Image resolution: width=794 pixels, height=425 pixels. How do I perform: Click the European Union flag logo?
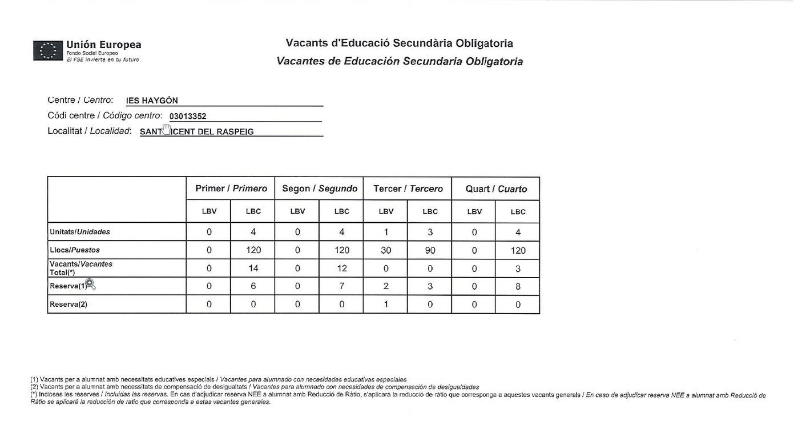click(47, 50)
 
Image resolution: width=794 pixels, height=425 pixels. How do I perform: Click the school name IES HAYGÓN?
click(152, 101)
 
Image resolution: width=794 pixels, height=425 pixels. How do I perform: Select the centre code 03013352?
click(188, 117)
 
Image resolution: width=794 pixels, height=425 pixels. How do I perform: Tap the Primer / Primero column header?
click(231, 189)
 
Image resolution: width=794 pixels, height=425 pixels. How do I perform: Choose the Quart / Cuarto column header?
click(496, 189)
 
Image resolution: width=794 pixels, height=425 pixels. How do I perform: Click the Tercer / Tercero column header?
click(408, 189)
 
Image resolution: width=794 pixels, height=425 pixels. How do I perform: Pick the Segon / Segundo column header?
click(320, 189)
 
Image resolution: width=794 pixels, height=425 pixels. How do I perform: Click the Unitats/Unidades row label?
click(80, 232)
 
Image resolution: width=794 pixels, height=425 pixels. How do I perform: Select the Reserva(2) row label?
click(68, 304)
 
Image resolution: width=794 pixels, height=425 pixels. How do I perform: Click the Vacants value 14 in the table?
click(253, 268)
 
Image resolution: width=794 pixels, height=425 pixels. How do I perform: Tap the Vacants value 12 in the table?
click(341, 268)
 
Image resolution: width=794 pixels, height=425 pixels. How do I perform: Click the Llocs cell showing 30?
click(386, 250)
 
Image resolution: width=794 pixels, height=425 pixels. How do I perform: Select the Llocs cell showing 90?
click(430, 250)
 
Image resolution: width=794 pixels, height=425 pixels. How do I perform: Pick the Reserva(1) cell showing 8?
click(518, 287)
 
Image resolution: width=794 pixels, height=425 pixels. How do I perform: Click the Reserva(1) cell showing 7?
click(341, 287)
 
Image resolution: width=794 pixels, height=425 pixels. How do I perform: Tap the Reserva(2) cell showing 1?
click(386, 304)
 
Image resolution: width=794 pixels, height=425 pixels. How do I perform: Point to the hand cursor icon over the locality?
click(166, 129)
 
